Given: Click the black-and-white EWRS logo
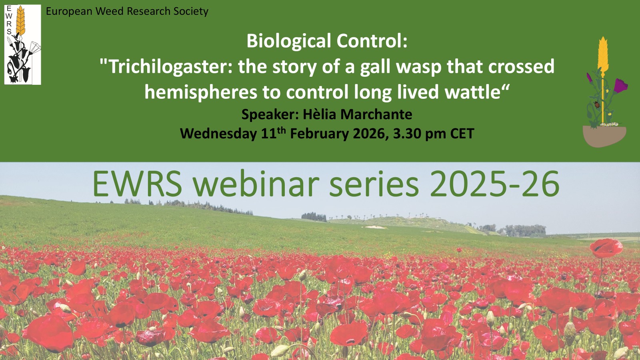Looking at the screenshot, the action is (22, 44).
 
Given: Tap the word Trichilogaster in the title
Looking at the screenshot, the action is (171, 66).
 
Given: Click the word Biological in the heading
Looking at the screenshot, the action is (288, 41).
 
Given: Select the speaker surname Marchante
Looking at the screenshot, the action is (376, 114).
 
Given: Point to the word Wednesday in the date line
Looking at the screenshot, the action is (218, 134).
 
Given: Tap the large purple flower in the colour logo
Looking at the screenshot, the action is (620, 86).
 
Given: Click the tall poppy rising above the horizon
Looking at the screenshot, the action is (606, 248).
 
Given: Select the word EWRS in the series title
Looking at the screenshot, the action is (137, 184).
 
